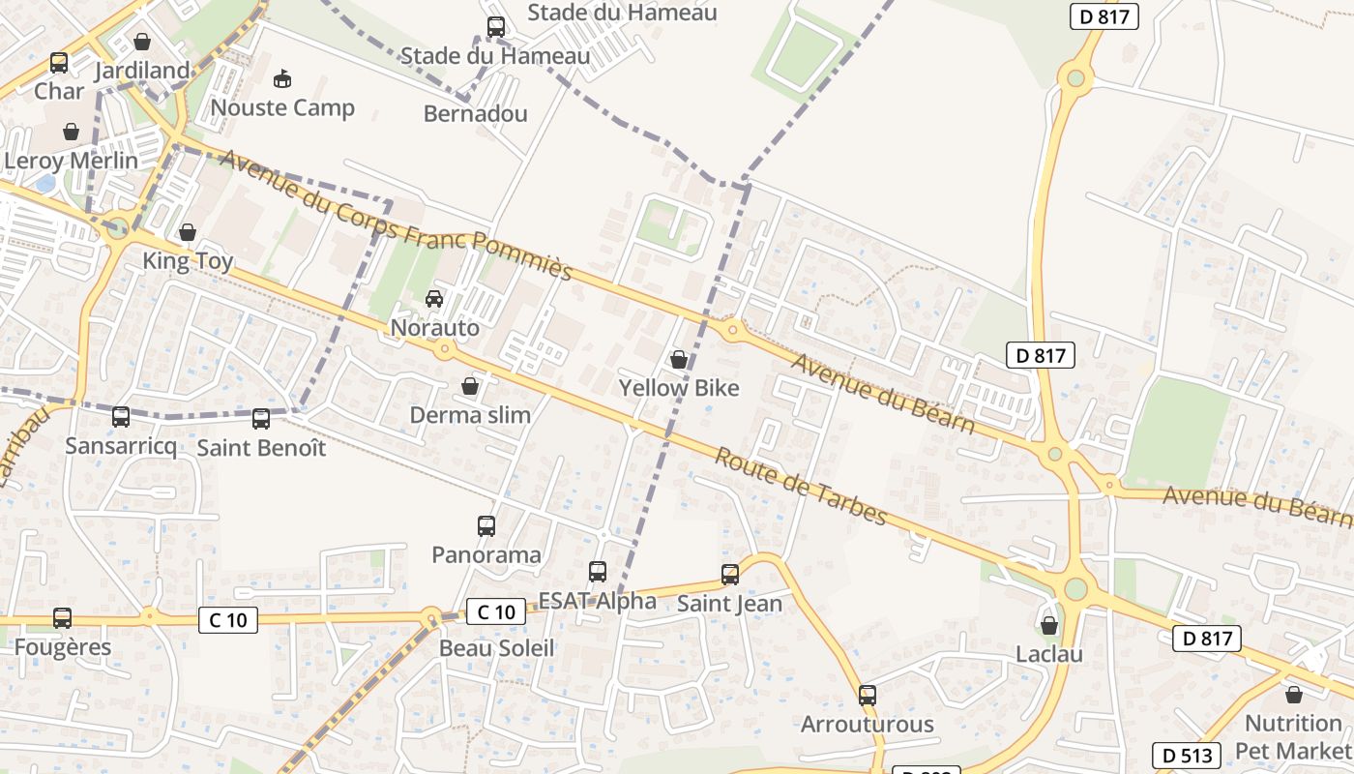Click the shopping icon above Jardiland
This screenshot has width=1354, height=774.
(x=142, y=42)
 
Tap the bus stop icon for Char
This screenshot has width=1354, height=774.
(x=59, y=63)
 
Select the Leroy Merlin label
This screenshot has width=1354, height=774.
(x=72, y=161)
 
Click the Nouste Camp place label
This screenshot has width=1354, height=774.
(x=282, y=107)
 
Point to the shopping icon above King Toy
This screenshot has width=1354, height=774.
(x=188, y=232)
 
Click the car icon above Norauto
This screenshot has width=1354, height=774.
(x=434, y=298)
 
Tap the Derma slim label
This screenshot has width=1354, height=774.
(x=470, y=415)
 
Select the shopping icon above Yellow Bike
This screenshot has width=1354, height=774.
(x=679, y=360)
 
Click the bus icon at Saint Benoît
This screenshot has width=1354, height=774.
(x=261, y=419)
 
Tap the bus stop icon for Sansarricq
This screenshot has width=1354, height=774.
(x=121, y=417)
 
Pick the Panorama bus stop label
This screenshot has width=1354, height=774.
(x=486, y=555)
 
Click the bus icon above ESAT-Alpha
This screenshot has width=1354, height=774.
(x=598, y=572)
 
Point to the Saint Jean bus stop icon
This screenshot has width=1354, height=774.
(x=730, y=575)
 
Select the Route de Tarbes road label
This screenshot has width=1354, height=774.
(x=800, y=487)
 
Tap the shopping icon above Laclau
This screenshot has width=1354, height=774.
(x=1049, y=626)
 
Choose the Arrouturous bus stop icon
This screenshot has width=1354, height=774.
(x=868, y=696)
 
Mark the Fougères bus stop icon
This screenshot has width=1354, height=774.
(x=63, y=618)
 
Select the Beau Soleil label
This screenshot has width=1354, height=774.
(x=497, y=647)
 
